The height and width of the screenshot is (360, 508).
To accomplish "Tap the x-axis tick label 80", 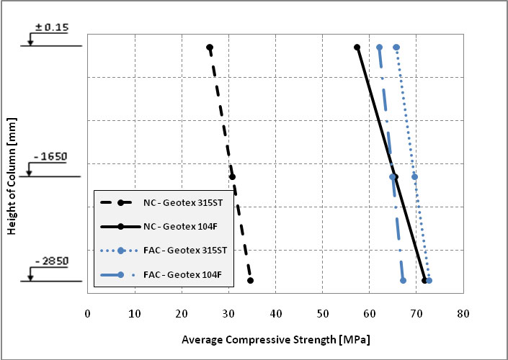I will (463, 314).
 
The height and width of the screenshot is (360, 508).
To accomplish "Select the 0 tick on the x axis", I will (88, 314).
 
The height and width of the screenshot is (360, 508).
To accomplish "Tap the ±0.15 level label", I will (51, 27).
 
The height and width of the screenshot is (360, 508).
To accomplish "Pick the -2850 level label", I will (50, 258).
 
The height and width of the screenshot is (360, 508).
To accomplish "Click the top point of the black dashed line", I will (210, 48).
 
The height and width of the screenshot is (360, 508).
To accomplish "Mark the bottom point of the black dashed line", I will (250, 281).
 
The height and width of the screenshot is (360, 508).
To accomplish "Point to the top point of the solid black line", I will (357, 48).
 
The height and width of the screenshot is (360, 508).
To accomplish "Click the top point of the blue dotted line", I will (396, 48).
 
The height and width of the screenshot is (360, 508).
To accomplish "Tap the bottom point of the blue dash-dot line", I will (403, 281).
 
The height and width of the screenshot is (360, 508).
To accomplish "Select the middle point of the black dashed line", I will (232, 176).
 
